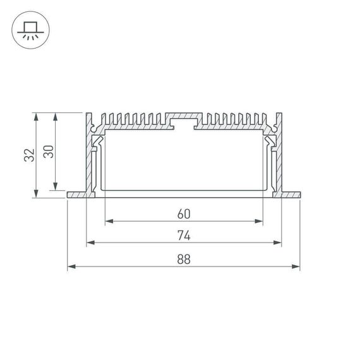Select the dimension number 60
point(184,213)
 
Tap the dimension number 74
point(184,235)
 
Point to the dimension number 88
point(184,259)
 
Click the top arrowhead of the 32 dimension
point(37,117)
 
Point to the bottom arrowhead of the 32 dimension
point(37,194)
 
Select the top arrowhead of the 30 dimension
point(56,117)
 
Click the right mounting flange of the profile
point(290,194)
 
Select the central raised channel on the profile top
point(184,120)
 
